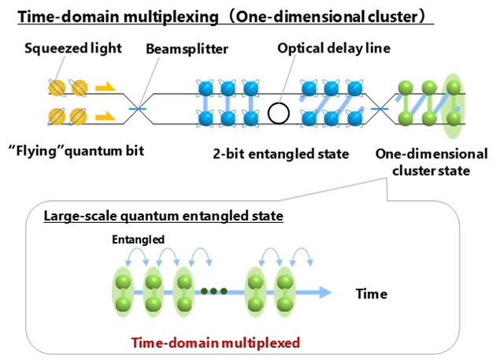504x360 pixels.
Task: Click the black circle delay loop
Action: coord(277,112)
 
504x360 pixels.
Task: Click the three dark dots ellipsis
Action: coord(214,292)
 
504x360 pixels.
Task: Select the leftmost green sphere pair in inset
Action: coord(124,292)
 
